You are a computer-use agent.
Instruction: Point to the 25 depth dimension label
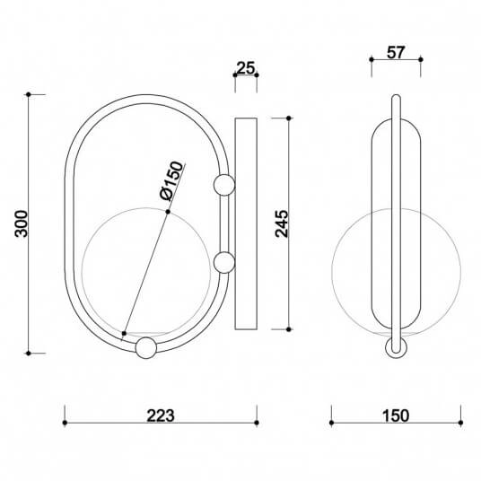click(x=245, y=67)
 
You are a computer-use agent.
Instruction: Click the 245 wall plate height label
click(x=281, y=223)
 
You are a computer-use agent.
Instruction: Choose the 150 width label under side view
click(x=395, y=415)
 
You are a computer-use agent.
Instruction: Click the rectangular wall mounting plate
click(x=246, y=223)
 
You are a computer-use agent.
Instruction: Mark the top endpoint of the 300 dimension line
click(x=30, y=93)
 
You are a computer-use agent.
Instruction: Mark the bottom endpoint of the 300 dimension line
click(x=30, y=353)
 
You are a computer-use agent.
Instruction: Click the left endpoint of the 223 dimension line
click(x=65, y=415)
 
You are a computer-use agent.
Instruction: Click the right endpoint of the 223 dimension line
click(x=257, y=415)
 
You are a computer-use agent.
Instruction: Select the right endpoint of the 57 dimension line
click(x=422, y=59)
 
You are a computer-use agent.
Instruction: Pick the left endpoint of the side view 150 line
click(x=332, y=415)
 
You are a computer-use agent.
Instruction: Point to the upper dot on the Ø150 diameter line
click(x=168, y=212)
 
